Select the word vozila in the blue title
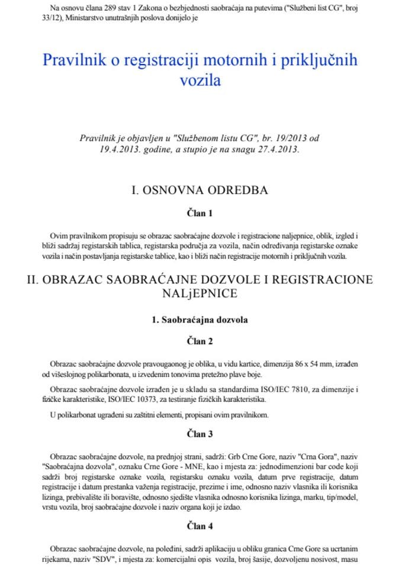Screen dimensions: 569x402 [200, 80]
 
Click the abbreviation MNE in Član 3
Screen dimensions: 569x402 [169, 460]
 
